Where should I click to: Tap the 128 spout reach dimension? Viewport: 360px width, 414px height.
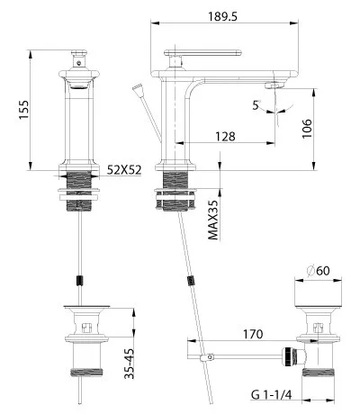click(x=225, y=137)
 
